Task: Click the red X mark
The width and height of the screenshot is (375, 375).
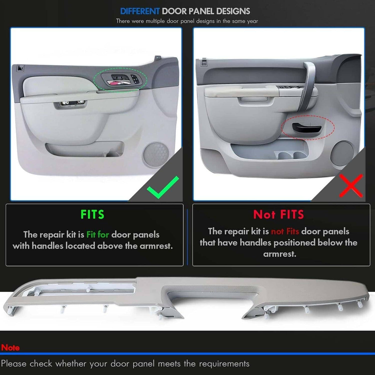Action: point(351,185)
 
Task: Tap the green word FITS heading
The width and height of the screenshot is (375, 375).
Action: point(92,214)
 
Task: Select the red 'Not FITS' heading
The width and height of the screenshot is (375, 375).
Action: point(278,214)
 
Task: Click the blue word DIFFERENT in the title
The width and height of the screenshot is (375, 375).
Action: point(140,11)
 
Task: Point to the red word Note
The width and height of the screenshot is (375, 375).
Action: point(10,347)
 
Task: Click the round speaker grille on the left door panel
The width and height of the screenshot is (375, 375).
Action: point(156,154)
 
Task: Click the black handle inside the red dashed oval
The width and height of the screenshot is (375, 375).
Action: point(307,127)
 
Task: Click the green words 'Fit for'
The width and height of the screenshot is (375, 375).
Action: point(98,235)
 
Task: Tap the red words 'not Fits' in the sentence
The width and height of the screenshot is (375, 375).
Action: point(285,231)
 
